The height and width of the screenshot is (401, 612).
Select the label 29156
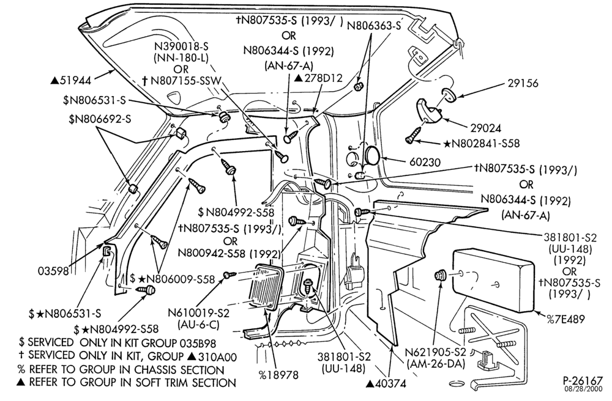[523, 83]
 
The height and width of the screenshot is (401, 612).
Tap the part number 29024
[485, 128]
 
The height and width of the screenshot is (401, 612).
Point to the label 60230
[425, 162]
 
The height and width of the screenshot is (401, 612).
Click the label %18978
[278, 375]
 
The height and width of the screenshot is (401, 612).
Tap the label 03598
[53, 270]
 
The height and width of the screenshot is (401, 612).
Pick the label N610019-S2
[199, 312]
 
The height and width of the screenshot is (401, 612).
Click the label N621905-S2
[436, 352]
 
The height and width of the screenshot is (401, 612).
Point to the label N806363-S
[374, 25]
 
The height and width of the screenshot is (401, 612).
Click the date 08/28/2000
[584, 389]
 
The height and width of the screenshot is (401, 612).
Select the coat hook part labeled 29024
[428, 111]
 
